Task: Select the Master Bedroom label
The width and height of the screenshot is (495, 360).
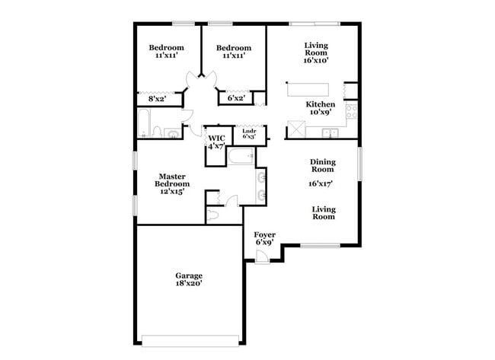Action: coord(172,180)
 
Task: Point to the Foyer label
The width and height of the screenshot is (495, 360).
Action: coord(264,234)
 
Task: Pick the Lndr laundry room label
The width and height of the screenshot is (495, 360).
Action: coord(249,132)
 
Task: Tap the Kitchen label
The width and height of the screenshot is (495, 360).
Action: coord(320,104)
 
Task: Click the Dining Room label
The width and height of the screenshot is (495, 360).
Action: coord(323,165)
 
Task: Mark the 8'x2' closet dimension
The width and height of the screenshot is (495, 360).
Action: coord(157,98)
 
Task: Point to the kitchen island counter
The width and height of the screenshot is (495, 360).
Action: coord(311,89)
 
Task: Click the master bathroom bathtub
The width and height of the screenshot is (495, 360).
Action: coord(242,158)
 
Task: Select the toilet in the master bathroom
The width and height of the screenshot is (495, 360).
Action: coord(213,215)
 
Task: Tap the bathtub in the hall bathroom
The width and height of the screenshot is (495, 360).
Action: coord(145,123)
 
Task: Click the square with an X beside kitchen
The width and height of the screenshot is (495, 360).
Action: coord(295,129)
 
